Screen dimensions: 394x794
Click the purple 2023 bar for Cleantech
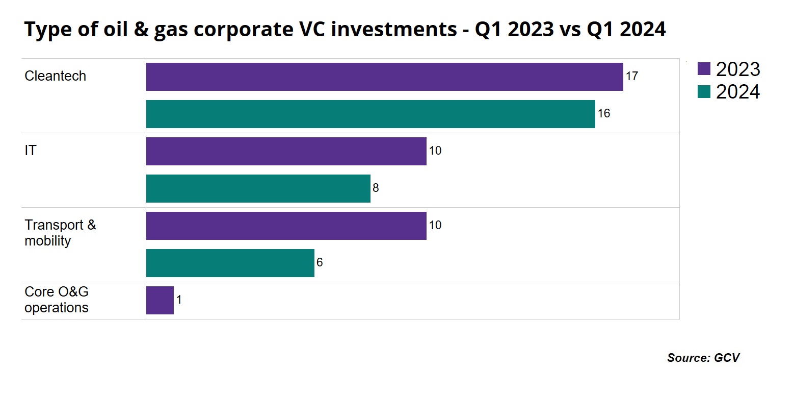coord(384,77)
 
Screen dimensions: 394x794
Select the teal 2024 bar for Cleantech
coord(370,114)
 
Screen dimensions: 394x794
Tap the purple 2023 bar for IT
coord(286,151)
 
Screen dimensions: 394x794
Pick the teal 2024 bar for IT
coord(258,188)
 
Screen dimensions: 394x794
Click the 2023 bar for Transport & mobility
coord(286,226)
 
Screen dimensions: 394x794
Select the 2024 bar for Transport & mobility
coord(230,263)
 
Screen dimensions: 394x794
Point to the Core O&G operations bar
coord(160,300)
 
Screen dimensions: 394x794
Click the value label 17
coord(632,77)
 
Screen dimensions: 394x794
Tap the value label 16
coord(604,114)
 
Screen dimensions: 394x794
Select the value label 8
coord(376,188)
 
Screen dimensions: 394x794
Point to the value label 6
coord(320,263)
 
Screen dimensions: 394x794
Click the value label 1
coord(179,300)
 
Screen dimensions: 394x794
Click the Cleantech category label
coord(55,76)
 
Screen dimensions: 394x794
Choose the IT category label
coord(31,151)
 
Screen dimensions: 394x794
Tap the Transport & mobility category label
coord(60,233)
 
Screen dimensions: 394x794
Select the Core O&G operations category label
coord(57,300)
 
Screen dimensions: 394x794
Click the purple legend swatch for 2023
coord(704,68)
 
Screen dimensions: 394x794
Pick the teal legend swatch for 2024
coord(704,92)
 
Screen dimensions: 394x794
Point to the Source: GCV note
coord(703,358)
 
